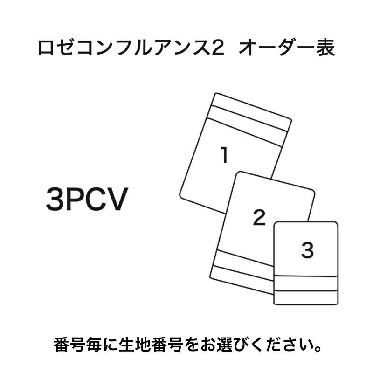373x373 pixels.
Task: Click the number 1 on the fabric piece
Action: [225, 155]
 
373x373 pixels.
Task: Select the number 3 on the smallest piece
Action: [307, 251]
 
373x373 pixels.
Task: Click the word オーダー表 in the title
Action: [287, 48]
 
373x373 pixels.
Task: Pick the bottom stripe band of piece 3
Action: [305, 297]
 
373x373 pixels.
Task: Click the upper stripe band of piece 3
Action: [305, 283]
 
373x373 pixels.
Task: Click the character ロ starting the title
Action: [45, 48]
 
